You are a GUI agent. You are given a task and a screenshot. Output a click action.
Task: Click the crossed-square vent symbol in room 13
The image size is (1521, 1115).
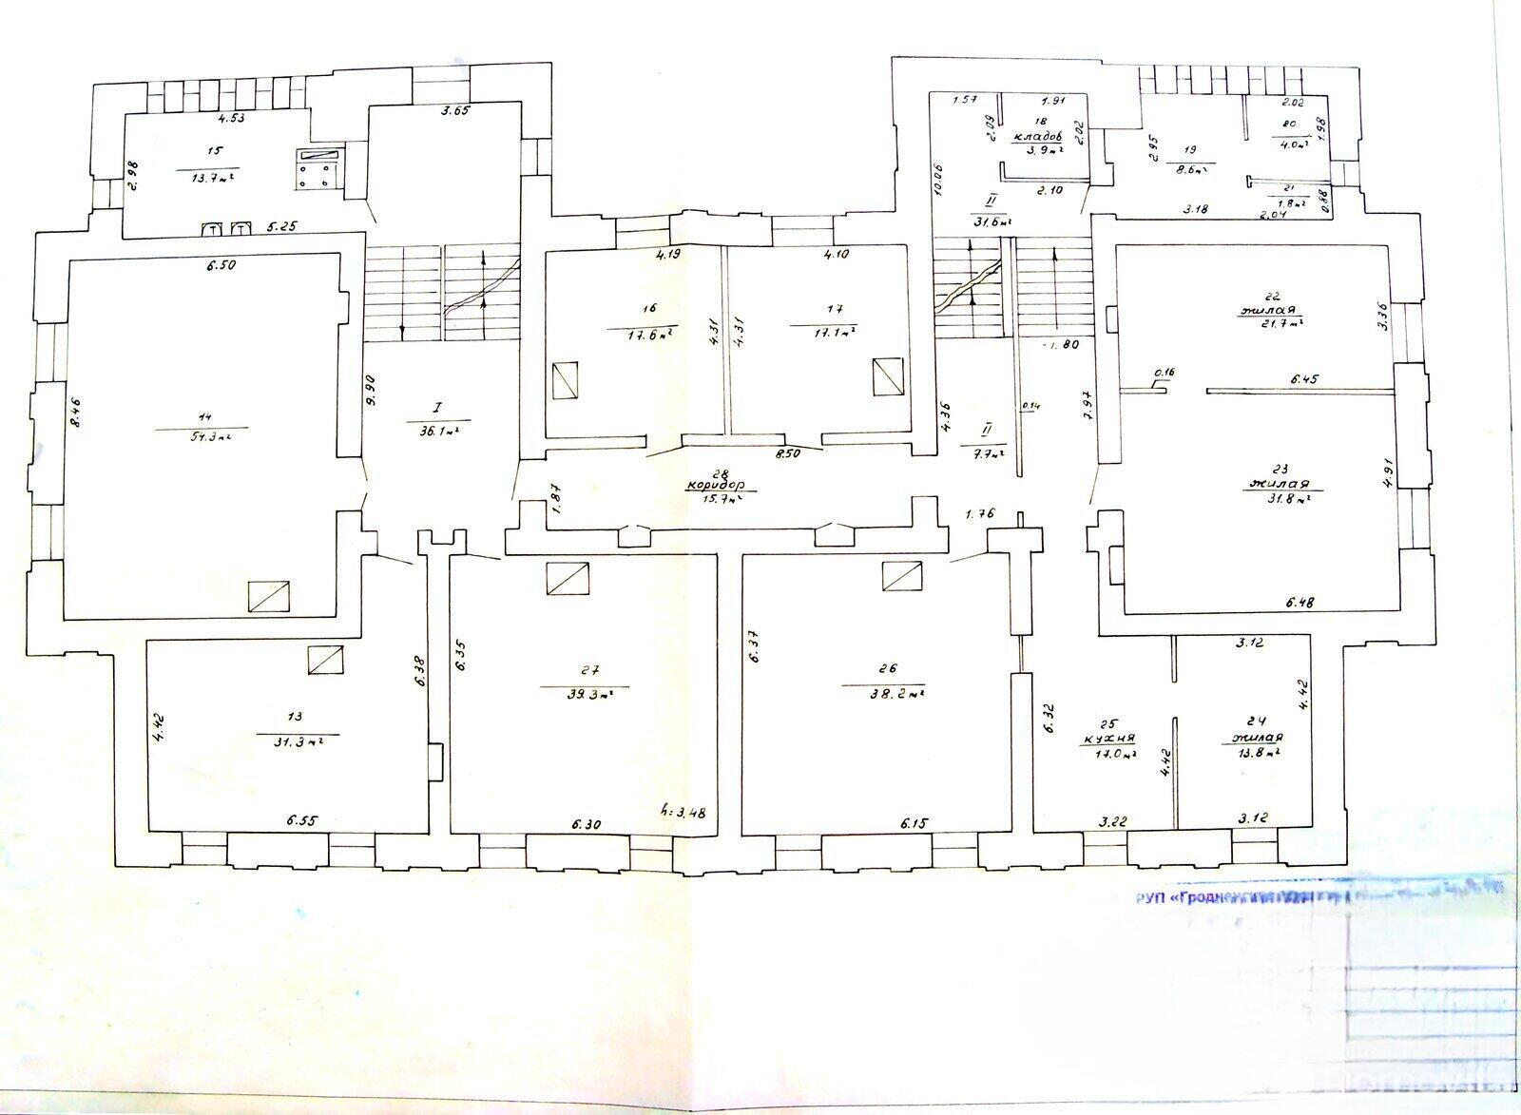[326, 660]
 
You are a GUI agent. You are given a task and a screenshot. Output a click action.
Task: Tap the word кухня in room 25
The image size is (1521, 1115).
[1108, 738]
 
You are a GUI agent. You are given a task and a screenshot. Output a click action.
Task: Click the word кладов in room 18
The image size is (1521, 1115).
[1039, 137]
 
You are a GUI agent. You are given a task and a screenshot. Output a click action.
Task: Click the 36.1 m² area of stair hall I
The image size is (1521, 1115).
[435, 430]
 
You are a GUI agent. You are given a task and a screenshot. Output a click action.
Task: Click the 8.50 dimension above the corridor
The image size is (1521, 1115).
[788, 455]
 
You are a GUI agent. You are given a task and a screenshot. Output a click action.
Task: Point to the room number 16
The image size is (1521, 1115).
[650, 309]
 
